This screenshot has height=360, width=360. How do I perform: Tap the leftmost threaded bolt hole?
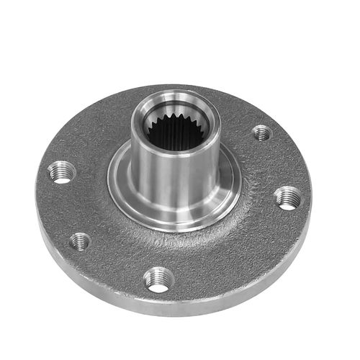pos(62,171)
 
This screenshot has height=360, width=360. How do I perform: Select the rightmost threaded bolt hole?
pos(288,197)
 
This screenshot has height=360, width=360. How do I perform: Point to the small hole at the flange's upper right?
pos(262,132)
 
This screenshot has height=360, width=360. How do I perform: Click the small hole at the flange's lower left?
pos(80,241)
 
